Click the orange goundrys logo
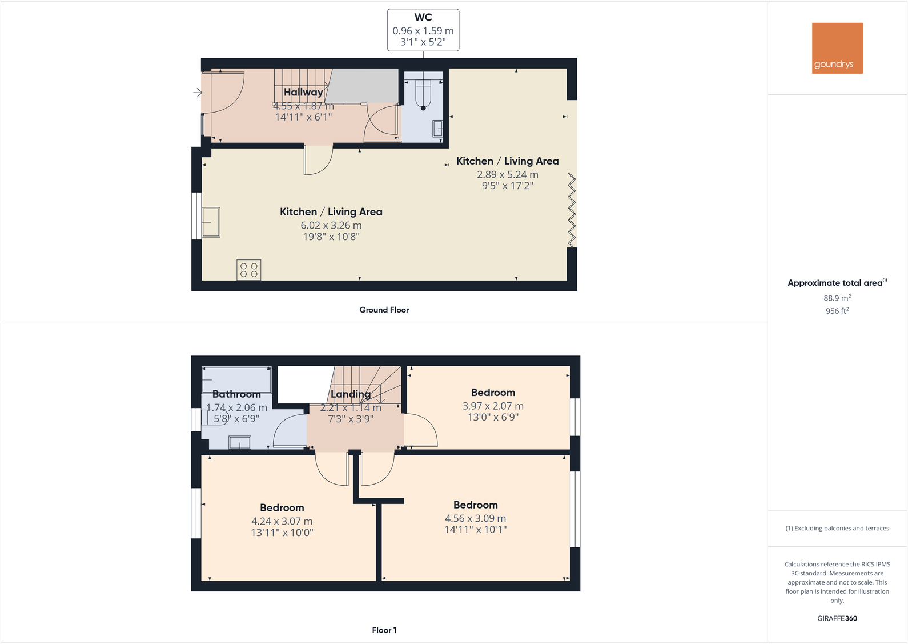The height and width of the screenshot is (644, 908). (837, 48)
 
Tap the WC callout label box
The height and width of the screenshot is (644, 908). (423, 30)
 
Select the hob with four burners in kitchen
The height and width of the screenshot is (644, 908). (249, 270)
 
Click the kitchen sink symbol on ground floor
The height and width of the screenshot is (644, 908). (211, 222)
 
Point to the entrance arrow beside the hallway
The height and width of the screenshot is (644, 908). (198, 93)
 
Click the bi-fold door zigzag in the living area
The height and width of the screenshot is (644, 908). (572, 211)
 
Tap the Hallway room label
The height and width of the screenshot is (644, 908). (303, 92)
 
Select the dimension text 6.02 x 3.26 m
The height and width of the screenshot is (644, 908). (331, 225)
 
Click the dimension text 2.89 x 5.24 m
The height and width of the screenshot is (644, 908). (508, 174)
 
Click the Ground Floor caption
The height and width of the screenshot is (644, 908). (384, 310)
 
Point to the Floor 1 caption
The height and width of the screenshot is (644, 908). (384, 630)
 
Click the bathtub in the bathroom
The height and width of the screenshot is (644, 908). (237, 380)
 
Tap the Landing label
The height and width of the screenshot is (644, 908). (351, 394)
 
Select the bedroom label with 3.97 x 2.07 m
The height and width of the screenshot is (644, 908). (493, 393)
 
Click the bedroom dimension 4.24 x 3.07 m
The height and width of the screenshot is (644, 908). (282, 521)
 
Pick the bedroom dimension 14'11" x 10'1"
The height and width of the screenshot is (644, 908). (476, 530)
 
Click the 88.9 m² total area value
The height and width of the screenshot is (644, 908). (837, 298)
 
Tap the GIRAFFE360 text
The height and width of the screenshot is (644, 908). (837, 618)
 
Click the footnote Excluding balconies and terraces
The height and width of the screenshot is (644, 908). (837, 528)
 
